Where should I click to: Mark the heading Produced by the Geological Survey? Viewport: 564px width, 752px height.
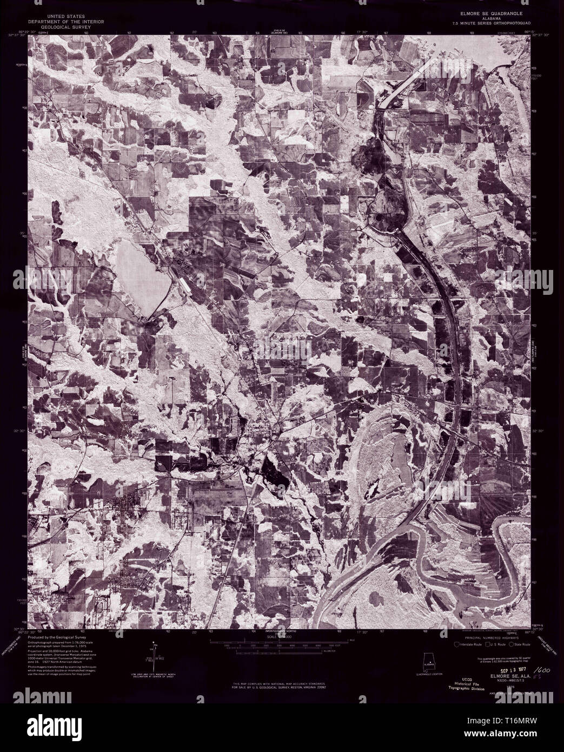pos(60,638)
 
